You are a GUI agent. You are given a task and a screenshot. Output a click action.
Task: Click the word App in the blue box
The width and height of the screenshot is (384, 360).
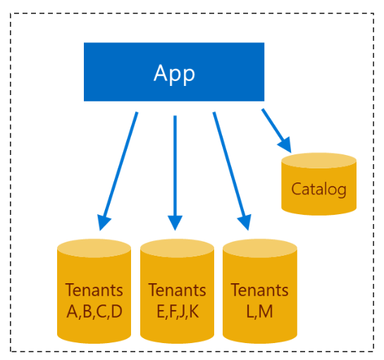tap(174, 73)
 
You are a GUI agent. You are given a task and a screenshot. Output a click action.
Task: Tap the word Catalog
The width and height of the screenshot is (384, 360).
tap(318, 190)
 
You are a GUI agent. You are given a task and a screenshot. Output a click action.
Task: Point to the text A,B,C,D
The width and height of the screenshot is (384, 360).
tap(94, 311)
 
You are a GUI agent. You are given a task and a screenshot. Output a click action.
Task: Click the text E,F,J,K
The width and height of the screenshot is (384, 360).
tap(177, 311)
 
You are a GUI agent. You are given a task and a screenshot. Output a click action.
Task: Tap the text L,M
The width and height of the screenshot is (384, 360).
tap(259, 311)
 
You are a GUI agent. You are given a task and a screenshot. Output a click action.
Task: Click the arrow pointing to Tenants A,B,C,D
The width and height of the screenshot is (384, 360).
tap(120, 169)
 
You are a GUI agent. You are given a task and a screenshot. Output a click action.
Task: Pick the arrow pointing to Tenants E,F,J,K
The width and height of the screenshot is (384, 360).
tap(175, 169)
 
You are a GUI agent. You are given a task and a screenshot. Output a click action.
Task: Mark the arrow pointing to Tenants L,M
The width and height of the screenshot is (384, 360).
tap(230, 169)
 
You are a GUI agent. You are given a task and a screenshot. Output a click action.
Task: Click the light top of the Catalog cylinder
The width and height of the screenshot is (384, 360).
tap(318, 161)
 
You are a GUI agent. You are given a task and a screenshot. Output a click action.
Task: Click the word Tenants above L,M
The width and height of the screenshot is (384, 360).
tap(259, 290)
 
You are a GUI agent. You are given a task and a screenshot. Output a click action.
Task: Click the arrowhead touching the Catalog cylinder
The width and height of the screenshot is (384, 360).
tap(285, 145)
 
